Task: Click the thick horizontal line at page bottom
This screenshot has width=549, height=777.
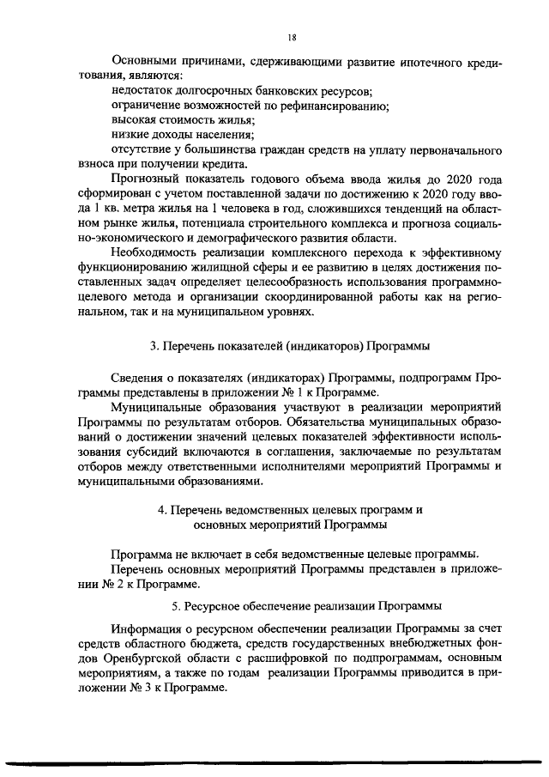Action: pyautogui.click(x=274, y=761)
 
